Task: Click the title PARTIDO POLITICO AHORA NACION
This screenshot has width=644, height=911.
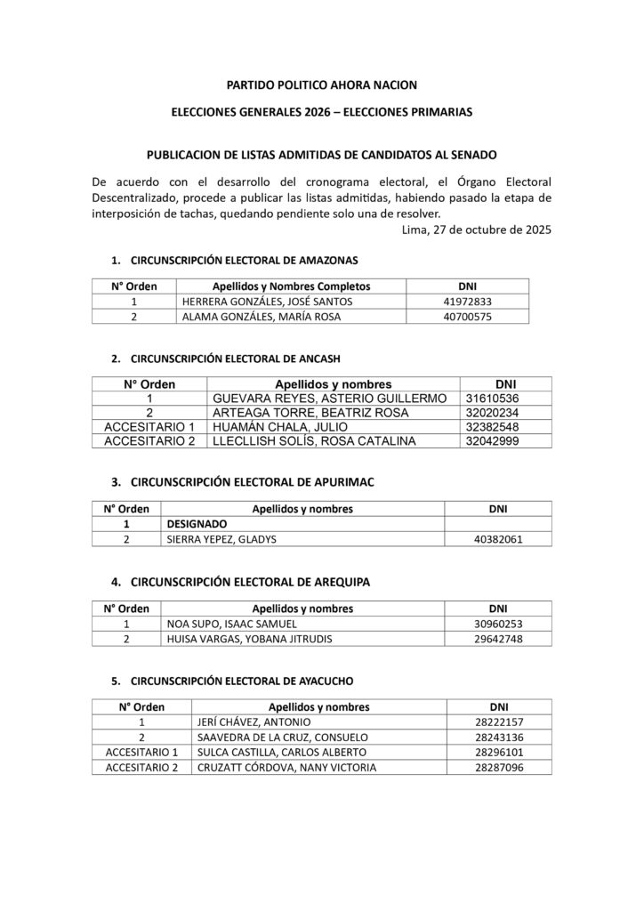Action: tap(322, 85)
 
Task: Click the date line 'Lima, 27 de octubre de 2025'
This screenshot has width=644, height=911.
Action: tap(477, 230)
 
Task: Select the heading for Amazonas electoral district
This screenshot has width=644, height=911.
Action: tap(244, 261)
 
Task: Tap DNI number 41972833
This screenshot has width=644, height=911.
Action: tap(467, 302)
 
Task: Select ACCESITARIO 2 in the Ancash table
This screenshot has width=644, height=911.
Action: tap(149, 441)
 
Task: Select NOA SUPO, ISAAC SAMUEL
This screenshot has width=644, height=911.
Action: tap(219, 624)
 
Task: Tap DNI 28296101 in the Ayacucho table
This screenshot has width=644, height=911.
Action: tap(499, 753)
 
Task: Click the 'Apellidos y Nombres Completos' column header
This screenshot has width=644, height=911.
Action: tap(291, 286)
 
